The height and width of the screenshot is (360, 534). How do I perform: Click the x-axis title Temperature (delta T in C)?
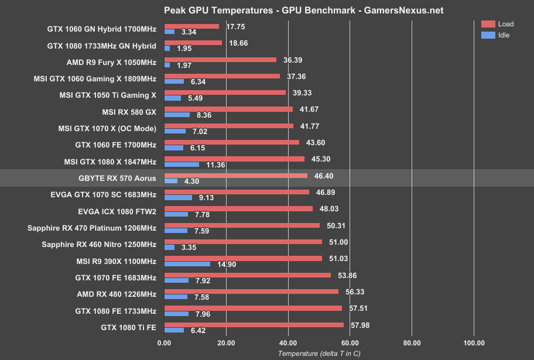point(319,353)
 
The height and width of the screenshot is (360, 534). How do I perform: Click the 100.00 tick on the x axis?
point(474,343)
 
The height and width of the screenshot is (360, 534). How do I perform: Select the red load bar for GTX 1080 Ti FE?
point(254,325)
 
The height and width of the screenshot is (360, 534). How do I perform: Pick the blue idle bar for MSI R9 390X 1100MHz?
point(187,264)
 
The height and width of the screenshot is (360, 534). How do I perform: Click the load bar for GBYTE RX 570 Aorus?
point(236,175)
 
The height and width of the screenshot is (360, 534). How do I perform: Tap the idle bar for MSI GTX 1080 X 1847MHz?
point(182,164)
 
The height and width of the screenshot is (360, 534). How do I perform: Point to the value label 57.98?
point(358,325)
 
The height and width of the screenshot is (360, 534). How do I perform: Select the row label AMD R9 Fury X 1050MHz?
point(112,62)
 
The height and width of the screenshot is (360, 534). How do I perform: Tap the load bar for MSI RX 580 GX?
point(229,109)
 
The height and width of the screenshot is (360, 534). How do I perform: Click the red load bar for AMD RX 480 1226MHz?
point(252,292)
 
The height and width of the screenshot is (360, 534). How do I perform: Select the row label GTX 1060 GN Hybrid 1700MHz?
point(102,29)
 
